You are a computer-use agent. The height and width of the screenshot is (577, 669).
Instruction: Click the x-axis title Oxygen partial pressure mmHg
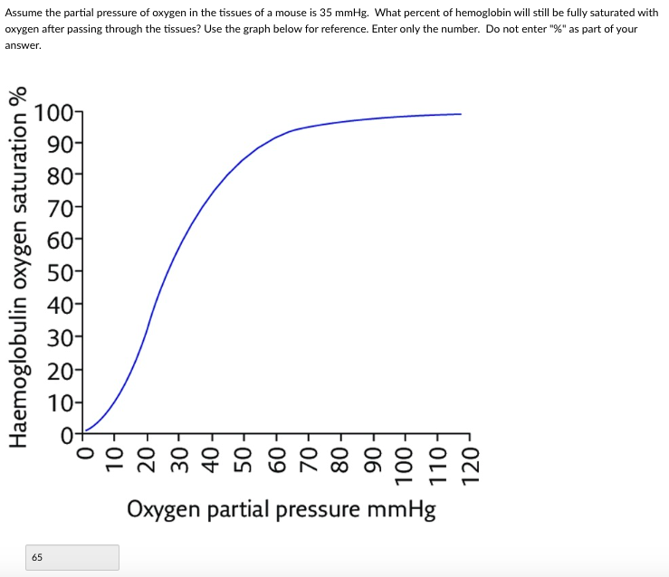(281, 510)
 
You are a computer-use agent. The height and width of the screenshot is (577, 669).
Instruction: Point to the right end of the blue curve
(461, 114)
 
